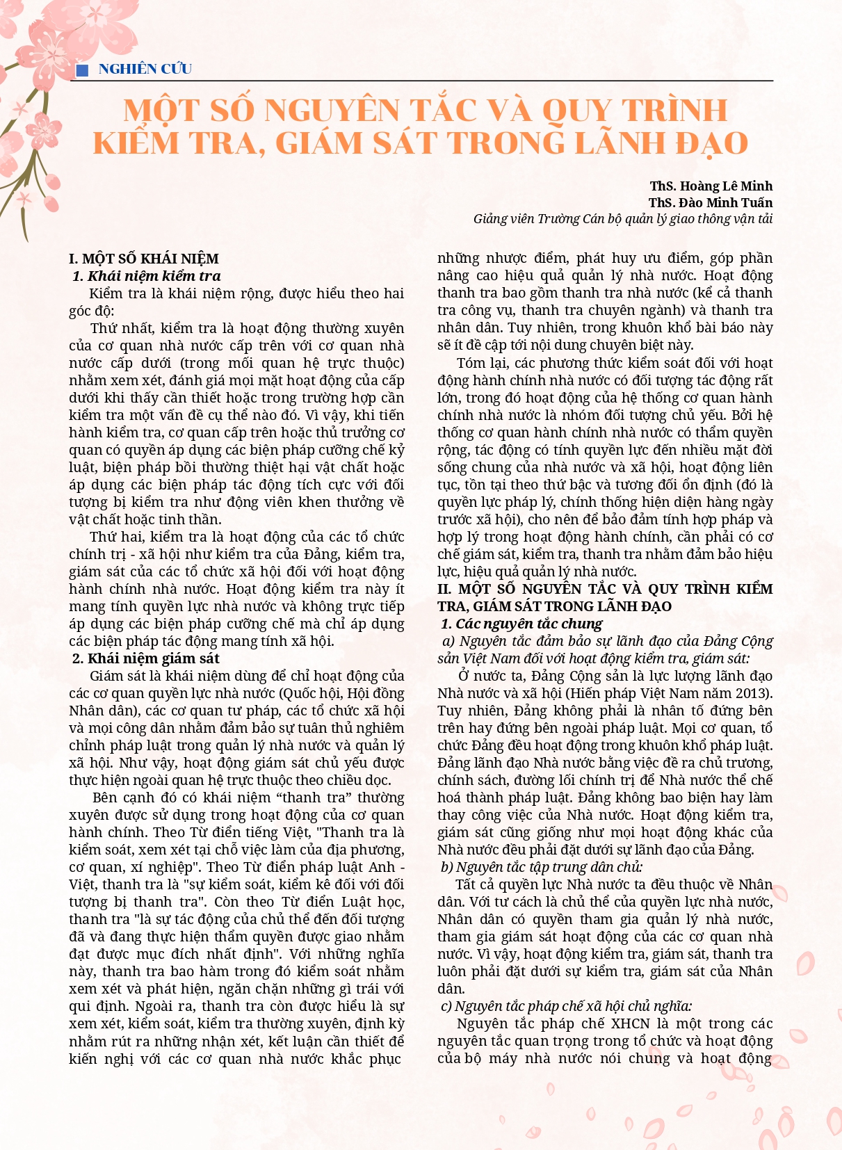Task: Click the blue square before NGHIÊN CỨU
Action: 82,70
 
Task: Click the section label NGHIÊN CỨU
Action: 145,69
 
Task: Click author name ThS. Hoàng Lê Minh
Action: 711,186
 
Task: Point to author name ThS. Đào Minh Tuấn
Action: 710,202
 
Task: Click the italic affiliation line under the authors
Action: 622,219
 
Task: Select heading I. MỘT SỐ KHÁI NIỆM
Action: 144,259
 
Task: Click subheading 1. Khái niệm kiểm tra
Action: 147,276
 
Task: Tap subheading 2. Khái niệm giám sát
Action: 146,658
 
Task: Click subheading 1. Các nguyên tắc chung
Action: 521,624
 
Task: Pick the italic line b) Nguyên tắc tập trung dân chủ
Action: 542,867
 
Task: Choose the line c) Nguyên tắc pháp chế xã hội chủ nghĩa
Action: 566,1006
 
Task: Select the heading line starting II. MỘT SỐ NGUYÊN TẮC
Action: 605,589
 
